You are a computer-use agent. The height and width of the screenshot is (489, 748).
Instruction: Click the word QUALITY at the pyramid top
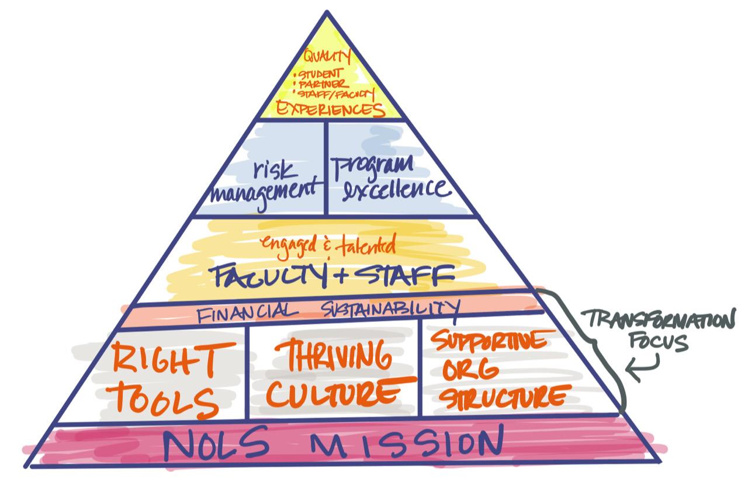coord(327,57)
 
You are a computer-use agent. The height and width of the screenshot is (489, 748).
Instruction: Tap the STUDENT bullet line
coord(321,75)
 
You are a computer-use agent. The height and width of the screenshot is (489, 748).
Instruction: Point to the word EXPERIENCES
coord(330,109)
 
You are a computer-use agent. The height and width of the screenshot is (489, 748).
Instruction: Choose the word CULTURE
coord(334,392)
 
